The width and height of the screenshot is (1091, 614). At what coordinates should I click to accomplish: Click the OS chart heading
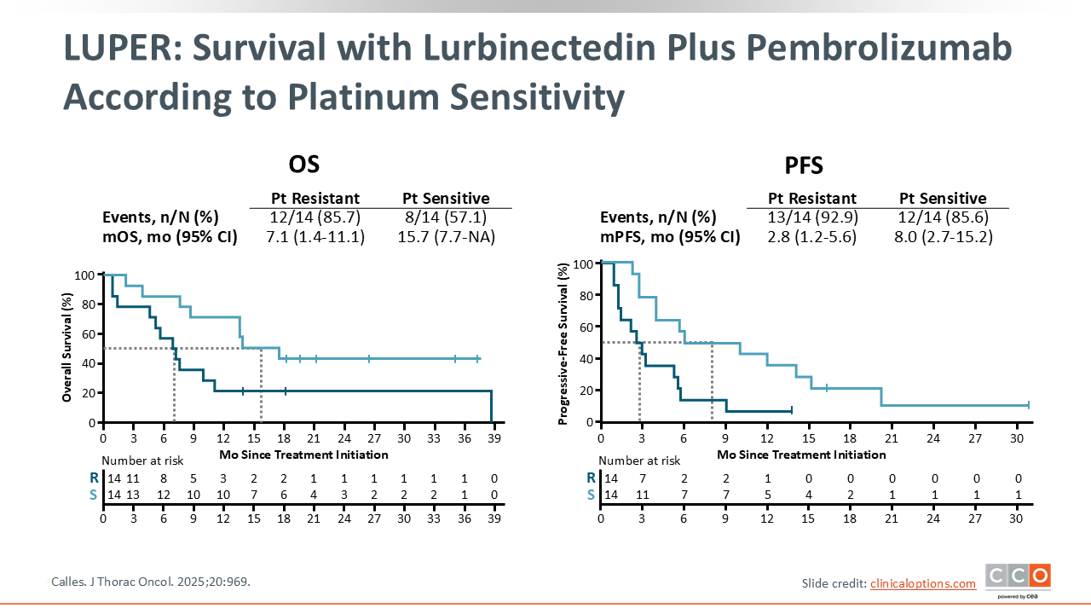coord(304,164)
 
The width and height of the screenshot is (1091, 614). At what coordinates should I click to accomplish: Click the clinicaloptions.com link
coord(923,583)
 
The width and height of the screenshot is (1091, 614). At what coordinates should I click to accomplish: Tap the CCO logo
coord(1018,576)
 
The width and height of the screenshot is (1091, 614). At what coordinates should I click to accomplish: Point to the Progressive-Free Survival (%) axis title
coord(563,343)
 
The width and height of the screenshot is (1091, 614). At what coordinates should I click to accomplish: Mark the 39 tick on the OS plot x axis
coord(494,438)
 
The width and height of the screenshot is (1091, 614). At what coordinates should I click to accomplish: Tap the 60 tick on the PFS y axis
coord(585,327)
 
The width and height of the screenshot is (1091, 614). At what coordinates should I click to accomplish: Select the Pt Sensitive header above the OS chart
coord(446,199)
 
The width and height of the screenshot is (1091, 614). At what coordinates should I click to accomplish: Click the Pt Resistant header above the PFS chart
coord(812,199)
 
